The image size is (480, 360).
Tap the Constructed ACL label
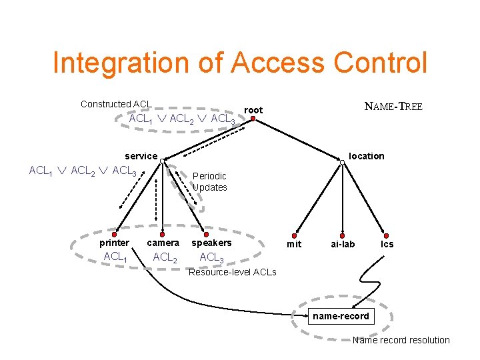pos(116,104)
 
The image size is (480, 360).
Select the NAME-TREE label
pos(393,107)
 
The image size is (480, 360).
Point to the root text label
pos(253,110)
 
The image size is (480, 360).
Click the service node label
pos(141,156)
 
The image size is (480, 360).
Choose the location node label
pos(367,156)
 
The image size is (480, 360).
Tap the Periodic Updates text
pos(209,182)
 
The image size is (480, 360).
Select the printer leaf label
pos(114,243)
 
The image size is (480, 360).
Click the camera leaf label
pos(163,243)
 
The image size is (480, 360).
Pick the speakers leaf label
pos(211,243)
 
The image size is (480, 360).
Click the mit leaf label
pos(294,244)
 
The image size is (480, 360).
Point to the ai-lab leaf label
pos(343,244)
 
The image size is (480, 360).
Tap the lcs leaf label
pos(387,244)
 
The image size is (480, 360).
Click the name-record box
pos(341,316)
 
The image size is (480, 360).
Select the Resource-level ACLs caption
pos(233,272)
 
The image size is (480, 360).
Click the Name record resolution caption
pos(401,340)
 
